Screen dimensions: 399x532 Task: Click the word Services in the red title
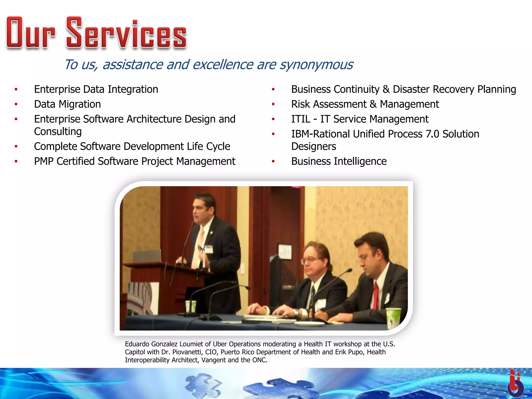127,34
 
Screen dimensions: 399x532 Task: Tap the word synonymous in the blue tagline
316,65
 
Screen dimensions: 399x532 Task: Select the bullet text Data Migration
67,104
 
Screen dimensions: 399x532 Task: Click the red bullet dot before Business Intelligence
273,161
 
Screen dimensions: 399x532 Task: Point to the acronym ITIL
301,119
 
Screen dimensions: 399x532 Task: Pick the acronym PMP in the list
44,161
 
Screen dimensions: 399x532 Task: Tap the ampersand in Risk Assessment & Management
373,104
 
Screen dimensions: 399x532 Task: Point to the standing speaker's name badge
209,249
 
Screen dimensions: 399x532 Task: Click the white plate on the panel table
309,324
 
